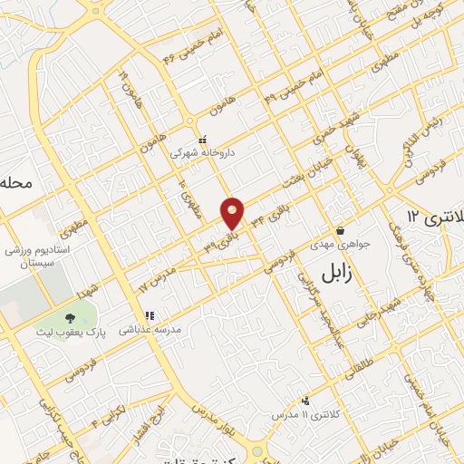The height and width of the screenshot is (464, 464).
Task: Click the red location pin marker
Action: pos(233,213)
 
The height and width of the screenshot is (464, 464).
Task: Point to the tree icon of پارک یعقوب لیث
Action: pos(70,317)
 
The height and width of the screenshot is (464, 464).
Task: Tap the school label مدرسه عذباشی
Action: pos(151,331)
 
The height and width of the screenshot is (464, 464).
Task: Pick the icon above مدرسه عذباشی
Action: pos(150,316)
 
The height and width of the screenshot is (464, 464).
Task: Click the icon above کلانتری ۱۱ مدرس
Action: pos(305,400)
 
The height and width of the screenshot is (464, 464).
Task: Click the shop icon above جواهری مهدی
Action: pos(339,230)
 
